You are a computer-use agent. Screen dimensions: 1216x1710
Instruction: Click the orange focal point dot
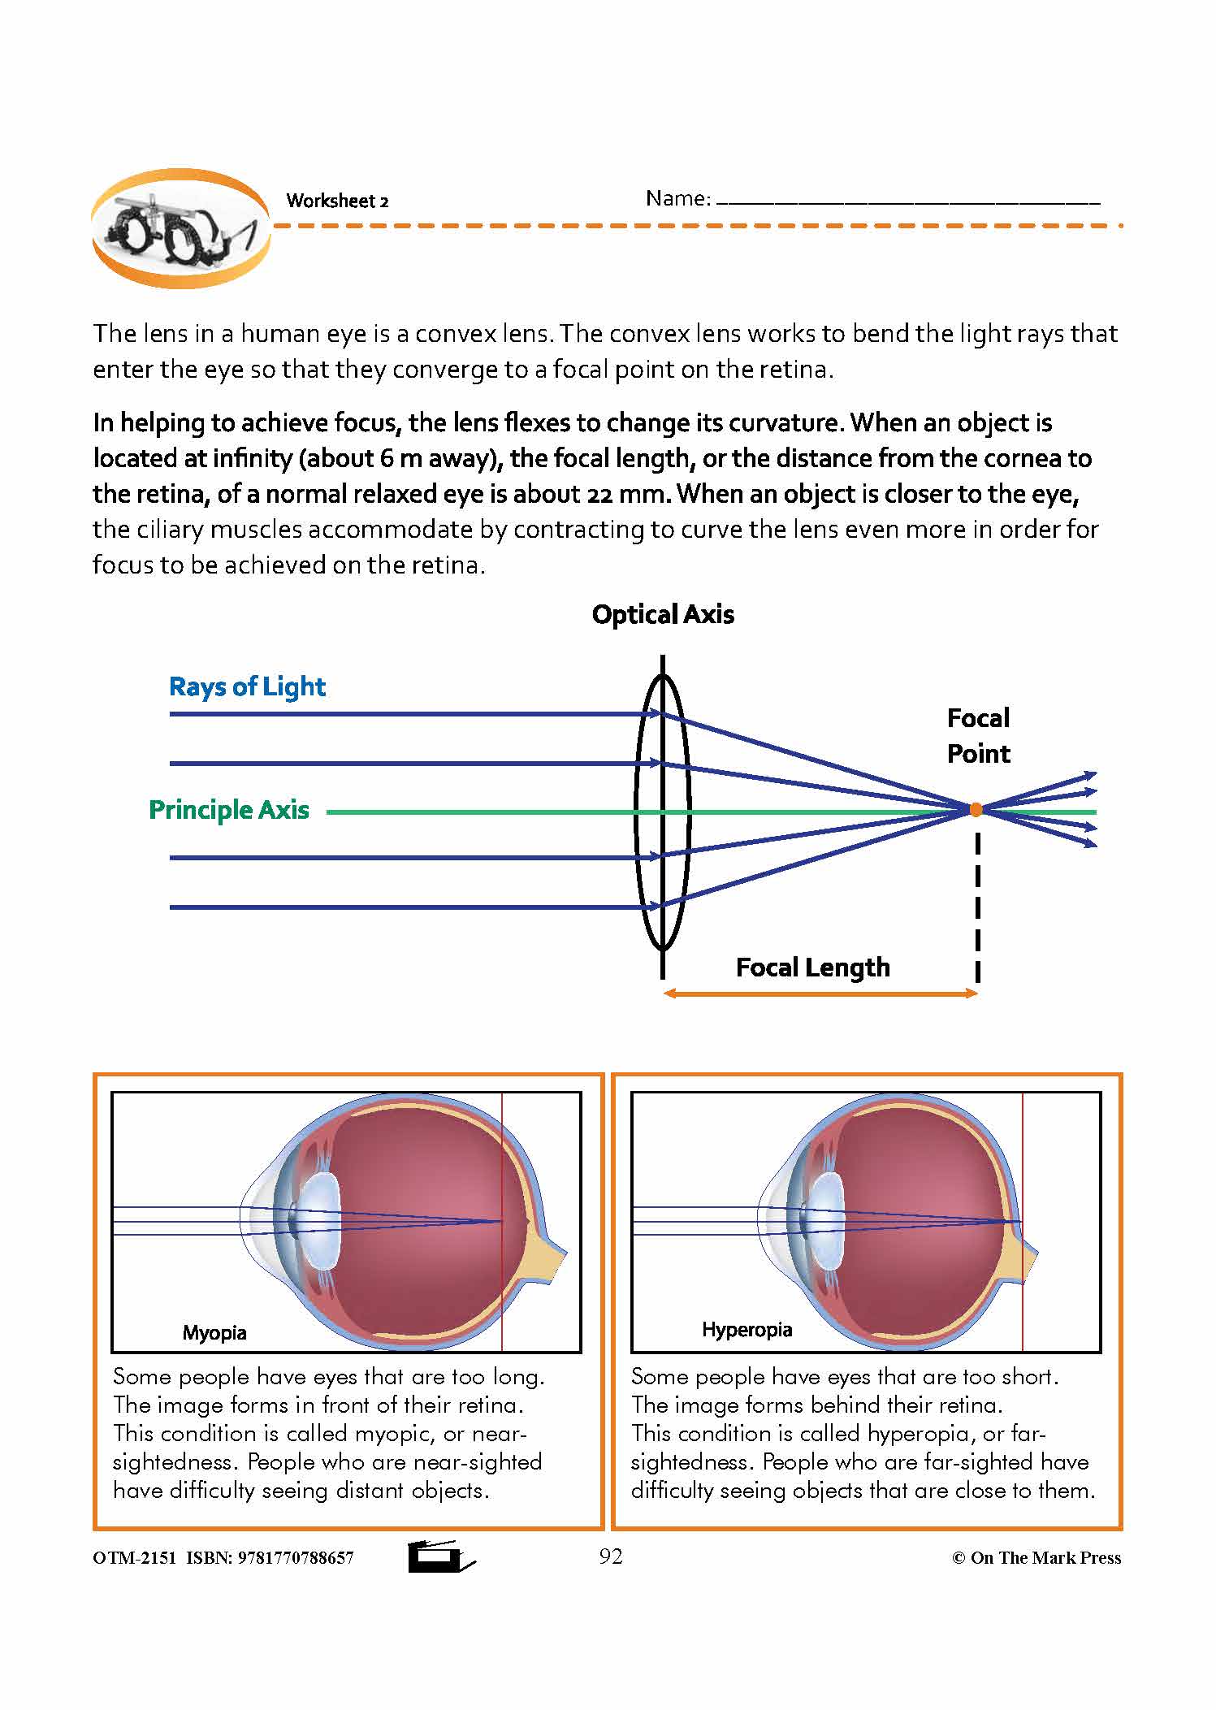976,809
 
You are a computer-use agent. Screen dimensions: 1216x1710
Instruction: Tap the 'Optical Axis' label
663,615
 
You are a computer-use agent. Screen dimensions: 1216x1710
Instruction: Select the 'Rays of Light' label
247,687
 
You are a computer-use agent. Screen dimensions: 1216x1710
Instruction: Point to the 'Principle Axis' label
229,810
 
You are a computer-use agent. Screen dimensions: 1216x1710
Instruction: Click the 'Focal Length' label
812,968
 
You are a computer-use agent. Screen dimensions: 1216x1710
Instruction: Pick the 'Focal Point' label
979,736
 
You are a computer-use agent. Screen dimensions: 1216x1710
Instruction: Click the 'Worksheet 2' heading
337,201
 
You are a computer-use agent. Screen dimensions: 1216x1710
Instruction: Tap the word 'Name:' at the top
678,198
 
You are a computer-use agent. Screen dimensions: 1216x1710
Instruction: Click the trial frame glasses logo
180,228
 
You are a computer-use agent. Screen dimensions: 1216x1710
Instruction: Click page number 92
611,1556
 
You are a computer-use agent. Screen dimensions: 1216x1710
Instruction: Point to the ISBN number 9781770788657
296,1558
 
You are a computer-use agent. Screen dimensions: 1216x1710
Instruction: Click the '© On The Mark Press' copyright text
1036,1557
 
